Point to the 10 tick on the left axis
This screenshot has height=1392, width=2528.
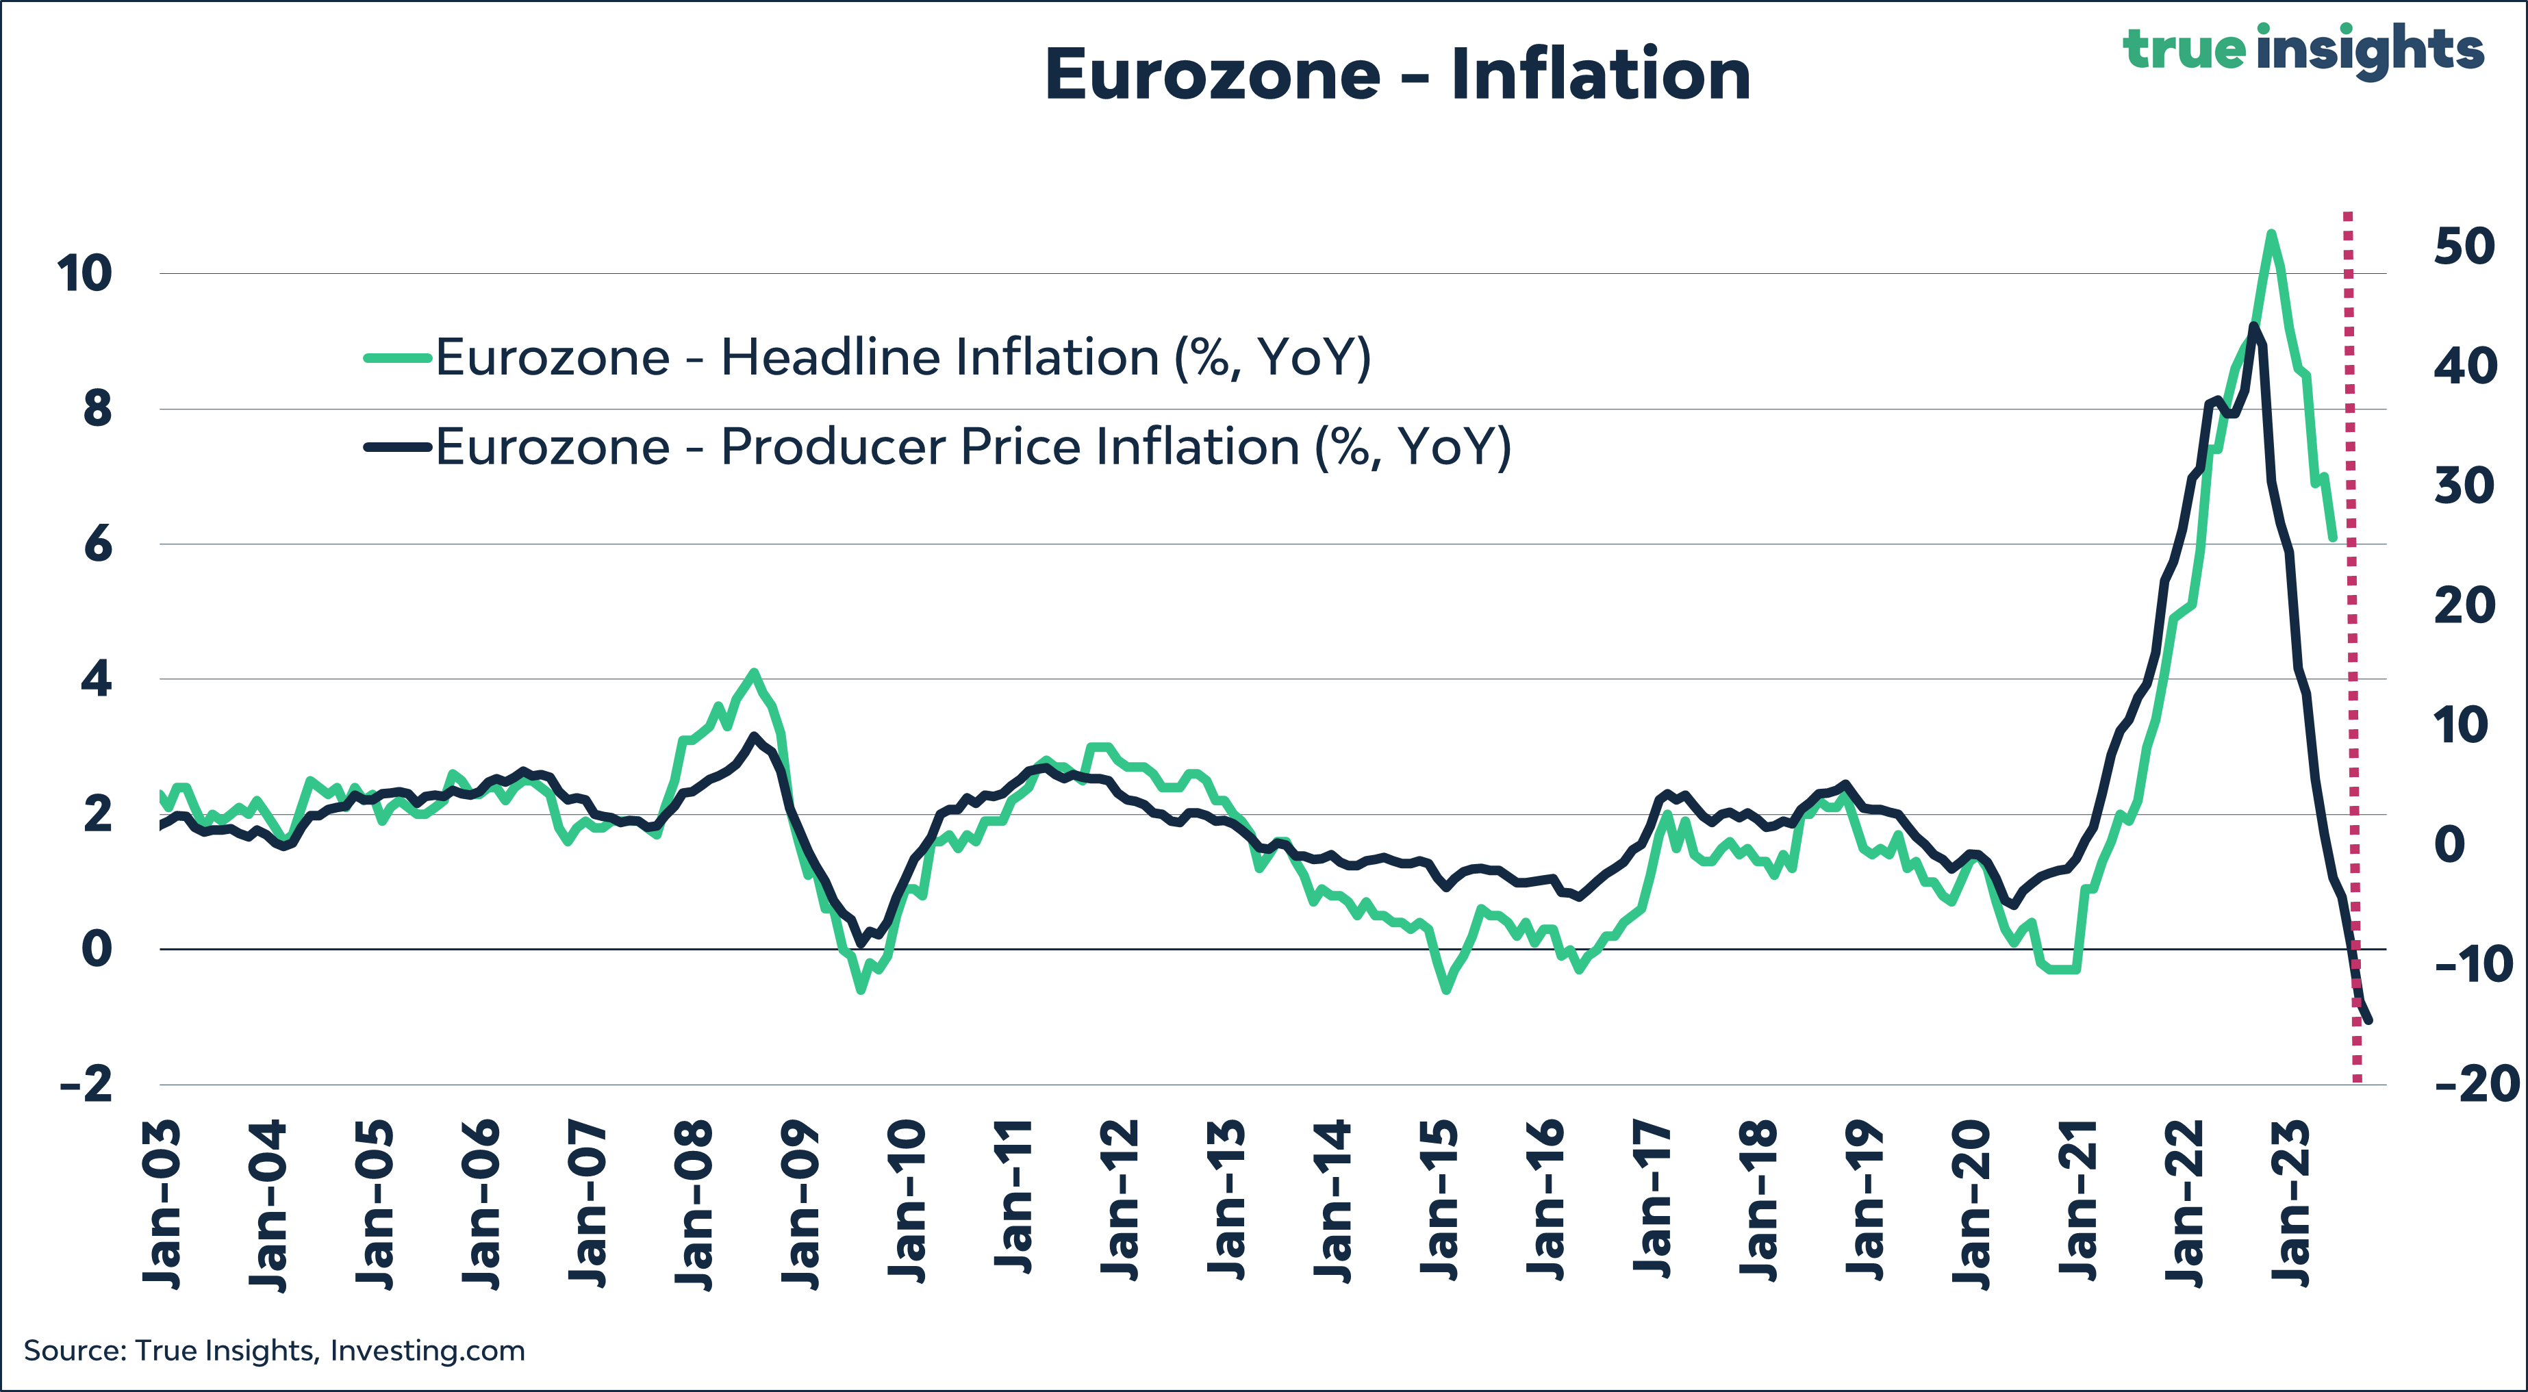point(84,273)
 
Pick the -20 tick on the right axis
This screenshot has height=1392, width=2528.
point(2476,1084)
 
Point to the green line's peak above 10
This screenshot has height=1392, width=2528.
point(2271,233)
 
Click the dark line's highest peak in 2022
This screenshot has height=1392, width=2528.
point(2253,325)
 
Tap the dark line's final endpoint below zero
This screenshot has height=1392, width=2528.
point(2370,1021)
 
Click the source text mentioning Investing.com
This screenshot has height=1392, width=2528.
point(275,1351)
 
